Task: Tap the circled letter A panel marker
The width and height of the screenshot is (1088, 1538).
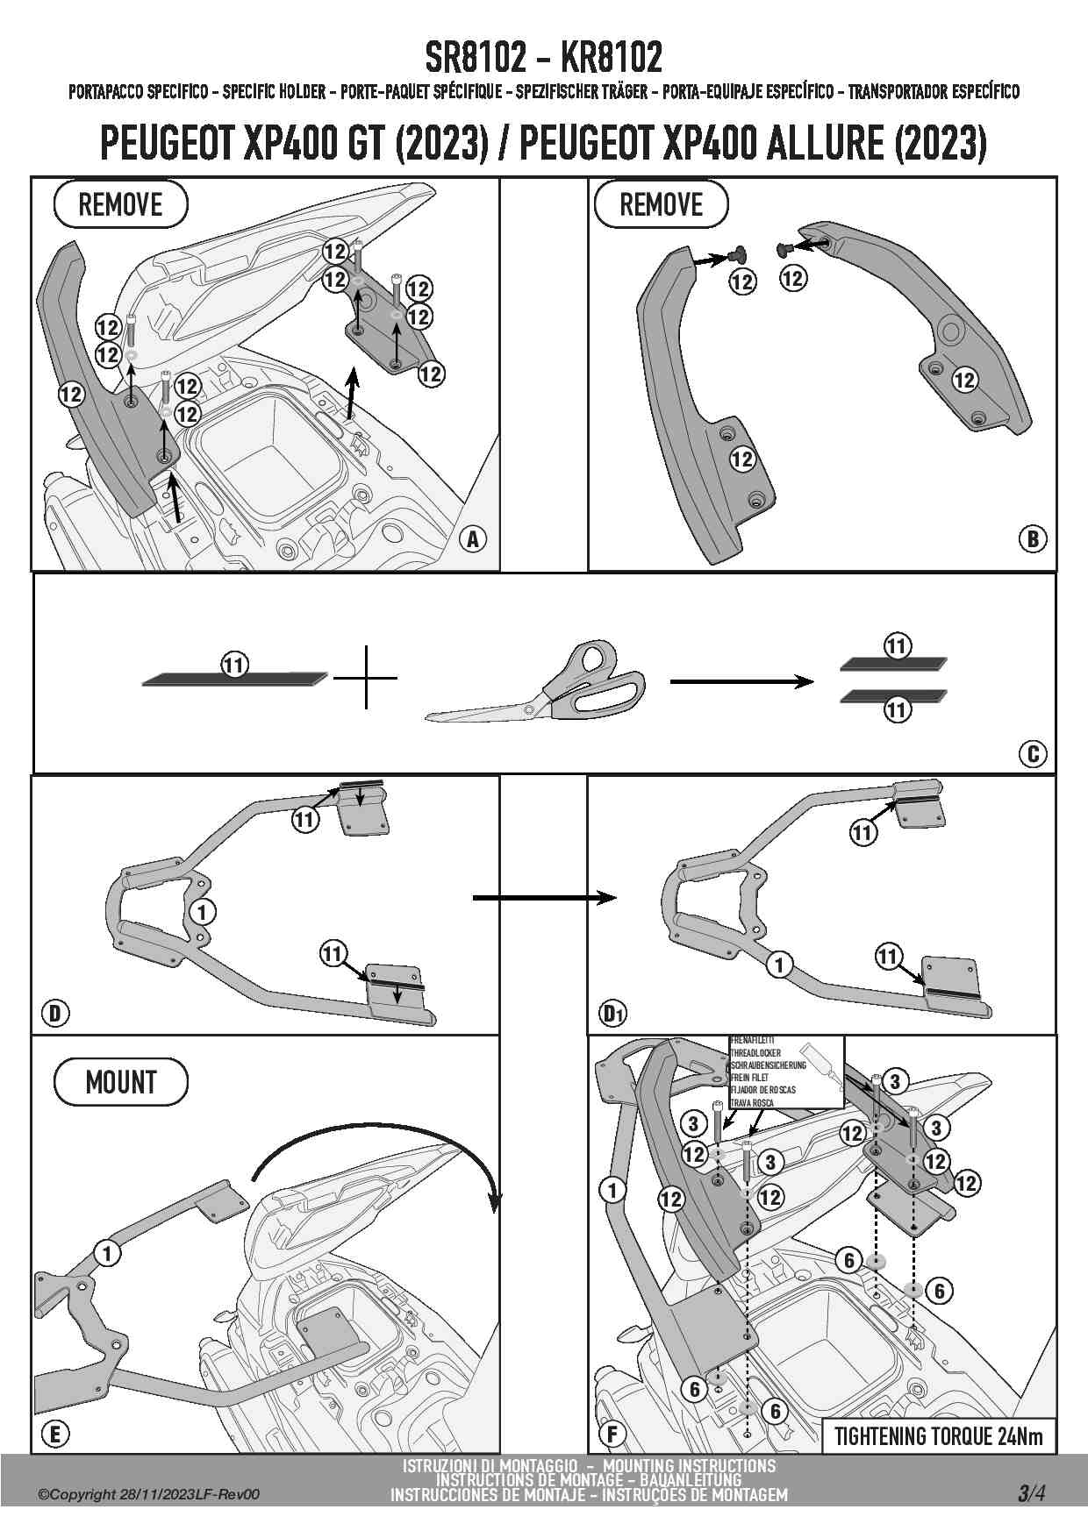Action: [x=473, y=539]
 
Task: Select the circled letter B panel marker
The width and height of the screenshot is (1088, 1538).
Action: [x=1033, y=538]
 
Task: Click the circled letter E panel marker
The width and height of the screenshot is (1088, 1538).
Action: [x=55, y=1434]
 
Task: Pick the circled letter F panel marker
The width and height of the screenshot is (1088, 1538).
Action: [x=612, y=1434]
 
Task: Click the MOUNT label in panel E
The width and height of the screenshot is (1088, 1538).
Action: [x=121, y=1082]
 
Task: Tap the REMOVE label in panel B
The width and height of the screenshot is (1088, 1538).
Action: [x=661, y=205]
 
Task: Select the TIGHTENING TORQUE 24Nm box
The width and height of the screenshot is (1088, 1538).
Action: [x=938, y=1435]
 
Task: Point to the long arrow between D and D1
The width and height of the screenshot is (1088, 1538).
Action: [x=544, y=897]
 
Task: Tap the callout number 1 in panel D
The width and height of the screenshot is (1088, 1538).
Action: [x=203, y=912]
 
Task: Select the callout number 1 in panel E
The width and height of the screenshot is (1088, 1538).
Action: [x=107, y=1254]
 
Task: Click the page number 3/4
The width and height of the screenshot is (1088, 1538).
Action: [x=1031, y=1492]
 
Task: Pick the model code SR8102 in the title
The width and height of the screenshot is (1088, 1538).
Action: [x=475, y=58]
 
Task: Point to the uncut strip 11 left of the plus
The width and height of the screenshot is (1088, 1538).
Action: [x=234, y=677]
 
